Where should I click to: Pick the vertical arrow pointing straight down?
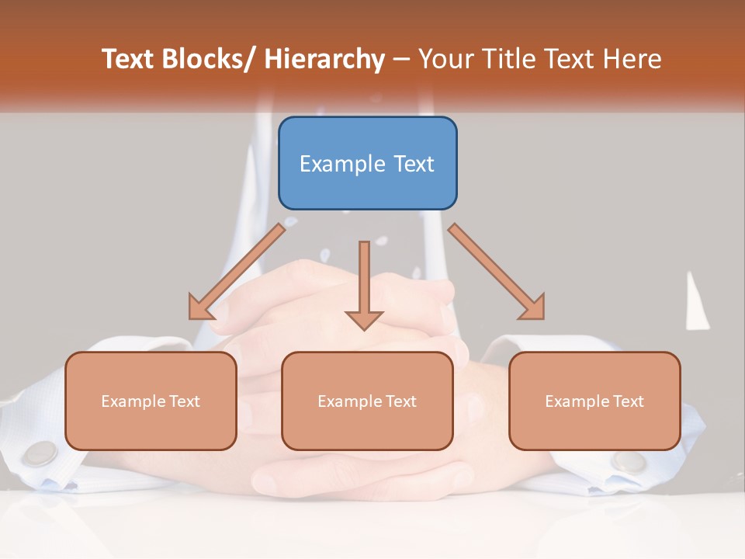pyautogui.click(x=364, y=283)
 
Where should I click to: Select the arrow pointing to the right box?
pyautogui.click(x=497, y=273)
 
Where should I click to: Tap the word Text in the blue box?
pyautogui.click(x=413, y=164)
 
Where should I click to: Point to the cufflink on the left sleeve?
pyautogui.click(x=41, y=452)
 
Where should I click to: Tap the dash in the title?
pyautogui.click(x=401, y=60)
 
